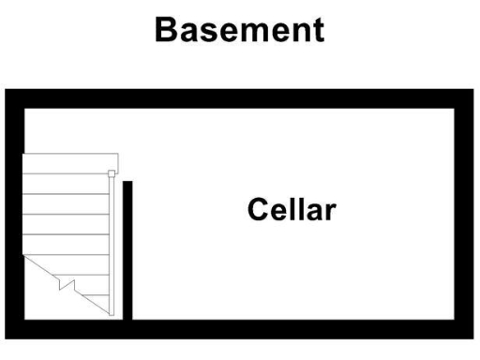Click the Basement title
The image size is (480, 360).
pyautogui.click(x=240, y=30)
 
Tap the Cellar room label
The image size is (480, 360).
pyautogui.click(x=292, y=209)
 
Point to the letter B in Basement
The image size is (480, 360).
pyautogui.click(x=167, y=30)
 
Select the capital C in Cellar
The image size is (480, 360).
pyautogui.click(x=259, y=209)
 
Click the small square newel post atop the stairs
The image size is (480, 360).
pyautogui.click(x=112, y=173)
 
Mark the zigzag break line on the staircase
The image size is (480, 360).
pyautogui.click(x=63, y=280)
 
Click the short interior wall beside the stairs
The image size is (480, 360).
pyautogui.click(x=127, y=248)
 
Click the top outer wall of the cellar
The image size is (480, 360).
pyautogui.click(x=240, y=98)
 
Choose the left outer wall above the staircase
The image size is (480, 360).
pyautogui.click(x=14, y=127)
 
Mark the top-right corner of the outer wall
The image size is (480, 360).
pyautogui.click(x=464, y=98)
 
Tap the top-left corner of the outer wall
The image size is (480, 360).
pyautogui.click(x=14, y=98)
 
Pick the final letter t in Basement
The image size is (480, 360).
pyautogui.click(x=319, y=30)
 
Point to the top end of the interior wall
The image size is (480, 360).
pyautogui.click(x=127, y=185)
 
